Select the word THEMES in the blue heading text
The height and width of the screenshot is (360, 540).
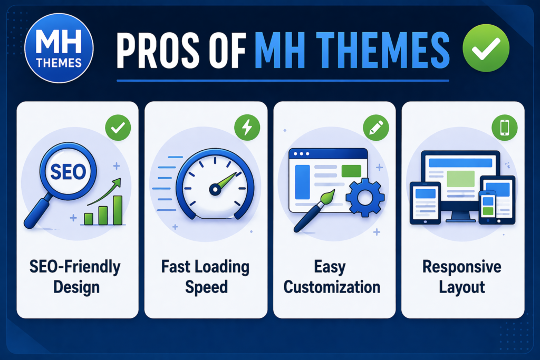pyautogui.click(x=382, y=52)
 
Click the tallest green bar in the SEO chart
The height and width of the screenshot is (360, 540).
pyautogui.click(x=118, y=210)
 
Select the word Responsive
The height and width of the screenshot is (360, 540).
pyautogui.click(x=462, y=267)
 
